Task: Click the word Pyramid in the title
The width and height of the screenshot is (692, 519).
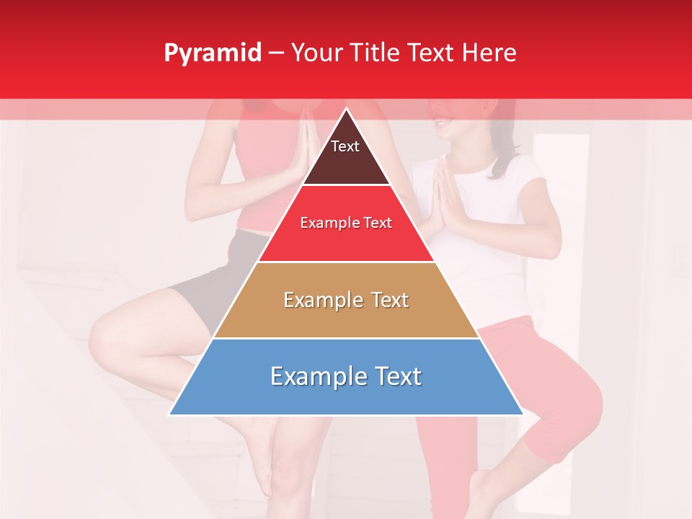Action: [212, 53]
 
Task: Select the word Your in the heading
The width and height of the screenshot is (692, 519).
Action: [315, 53]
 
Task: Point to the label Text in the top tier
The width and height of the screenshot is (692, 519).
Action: [345, 146]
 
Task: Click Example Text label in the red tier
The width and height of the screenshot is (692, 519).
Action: [346, 223]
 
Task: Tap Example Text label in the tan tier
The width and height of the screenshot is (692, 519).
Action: [346, 300]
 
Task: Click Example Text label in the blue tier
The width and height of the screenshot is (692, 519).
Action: [346, 376]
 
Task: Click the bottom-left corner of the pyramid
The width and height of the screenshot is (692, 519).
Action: [170, 414]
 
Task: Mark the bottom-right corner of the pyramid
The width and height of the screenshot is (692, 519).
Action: [522, 414]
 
